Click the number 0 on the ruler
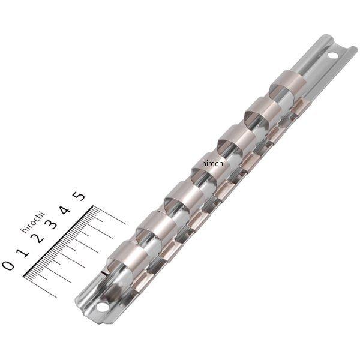tap(8, 265)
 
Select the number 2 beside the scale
tap(38, 238)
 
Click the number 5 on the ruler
tap(80, 196)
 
